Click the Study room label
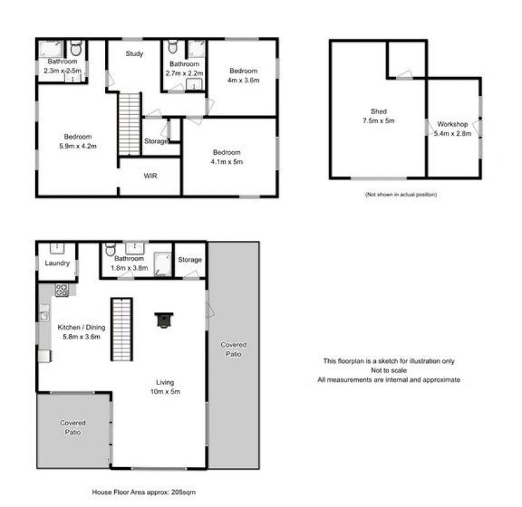coord(134,54)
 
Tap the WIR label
coord(150,176)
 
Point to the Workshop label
coord(452,124)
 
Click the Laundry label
coord(57,263)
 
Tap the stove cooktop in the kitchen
coord(62,290)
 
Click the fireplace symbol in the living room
coord(164,320)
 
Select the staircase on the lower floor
coord(122,330)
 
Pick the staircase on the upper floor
coord(129,124)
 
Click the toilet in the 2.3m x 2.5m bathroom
coord(76,48)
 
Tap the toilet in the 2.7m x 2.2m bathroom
coord(172,47)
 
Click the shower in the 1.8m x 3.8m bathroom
coord(162,265)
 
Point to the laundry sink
coord(57,249)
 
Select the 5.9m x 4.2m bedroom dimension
coord(78,146)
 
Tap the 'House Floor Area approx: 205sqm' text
coord(144,492)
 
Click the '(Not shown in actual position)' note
coord(401,194)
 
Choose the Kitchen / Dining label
coord(81,328)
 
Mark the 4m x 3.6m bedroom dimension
coord(243,80)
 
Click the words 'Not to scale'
coord(389,370)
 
